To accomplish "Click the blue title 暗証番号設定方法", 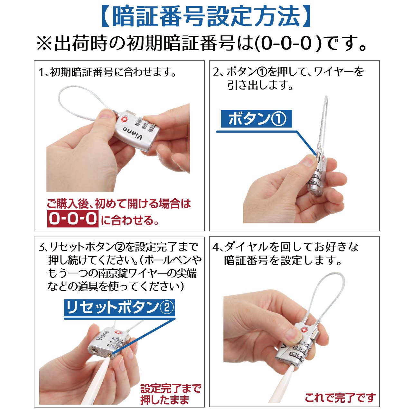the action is coord(206,16).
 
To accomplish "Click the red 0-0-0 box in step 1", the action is coord(73,218).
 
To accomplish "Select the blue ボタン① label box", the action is coord(256,119).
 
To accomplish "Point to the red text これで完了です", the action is coord(340,397).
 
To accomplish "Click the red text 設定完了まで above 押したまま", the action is coord(171,388).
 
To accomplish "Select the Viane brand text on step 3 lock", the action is coord(103,335).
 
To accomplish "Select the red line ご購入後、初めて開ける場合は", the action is coord(119,203).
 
